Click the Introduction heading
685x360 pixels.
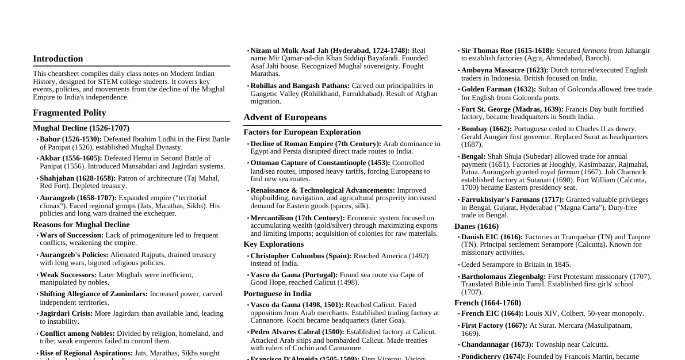point(58,59)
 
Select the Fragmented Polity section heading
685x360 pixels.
point(69,113)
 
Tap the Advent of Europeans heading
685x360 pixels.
point(285,117)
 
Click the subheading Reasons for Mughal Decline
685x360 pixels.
point(81,225)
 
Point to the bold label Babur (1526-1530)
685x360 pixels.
point(70,139)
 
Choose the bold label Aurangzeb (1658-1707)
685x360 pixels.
point(78,198)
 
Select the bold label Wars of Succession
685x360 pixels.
point(71,235)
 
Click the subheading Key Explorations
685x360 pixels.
point(273,244)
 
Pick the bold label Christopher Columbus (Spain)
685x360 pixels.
point(301,256)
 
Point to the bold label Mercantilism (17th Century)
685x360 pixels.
point(297,218)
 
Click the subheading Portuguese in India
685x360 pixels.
point(277,294)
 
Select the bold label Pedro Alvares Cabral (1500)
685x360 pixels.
point(297,332)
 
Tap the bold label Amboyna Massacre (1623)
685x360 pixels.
point(504,70)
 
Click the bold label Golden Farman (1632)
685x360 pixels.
point(498,89)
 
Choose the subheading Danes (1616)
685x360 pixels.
point(476,227)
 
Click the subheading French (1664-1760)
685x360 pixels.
point(487,303)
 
